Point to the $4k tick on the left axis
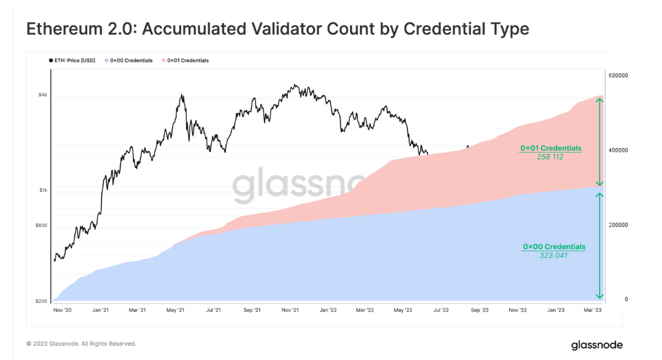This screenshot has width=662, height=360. click(x=43, y=95)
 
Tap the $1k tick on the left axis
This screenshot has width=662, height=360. click(x=43, y=190)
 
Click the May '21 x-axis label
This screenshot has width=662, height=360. click(x=176, y=310)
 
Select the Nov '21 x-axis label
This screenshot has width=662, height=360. click(x=290, y=310)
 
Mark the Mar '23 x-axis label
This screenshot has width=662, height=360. click(x=593, y=310)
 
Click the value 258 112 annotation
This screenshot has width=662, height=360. click(x=550, y=157)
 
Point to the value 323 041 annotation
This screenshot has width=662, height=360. click(x=553, y=256)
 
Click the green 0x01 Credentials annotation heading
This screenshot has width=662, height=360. click(x=551, y=148)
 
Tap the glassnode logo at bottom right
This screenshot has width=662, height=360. click(x=597, y=344)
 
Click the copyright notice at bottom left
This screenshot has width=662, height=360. click(x=81, y=344)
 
